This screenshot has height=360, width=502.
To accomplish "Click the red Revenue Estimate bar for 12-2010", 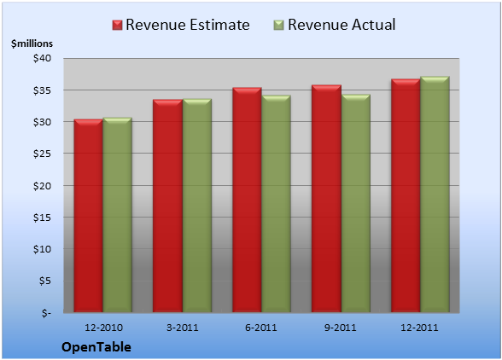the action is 89,216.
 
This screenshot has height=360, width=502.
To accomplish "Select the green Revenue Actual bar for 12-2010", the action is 117,215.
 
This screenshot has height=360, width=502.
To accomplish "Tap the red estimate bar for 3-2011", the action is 167,206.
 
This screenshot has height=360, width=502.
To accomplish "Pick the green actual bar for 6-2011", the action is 276,204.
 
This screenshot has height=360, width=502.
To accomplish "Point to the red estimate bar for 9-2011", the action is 326,199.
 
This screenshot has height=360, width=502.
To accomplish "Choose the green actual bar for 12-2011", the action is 435,195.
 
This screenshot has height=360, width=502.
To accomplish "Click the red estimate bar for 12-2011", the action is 406,195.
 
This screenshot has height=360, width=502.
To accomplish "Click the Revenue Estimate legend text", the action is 188,25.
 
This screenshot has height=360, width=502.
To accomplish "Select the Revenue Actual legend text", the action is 341,25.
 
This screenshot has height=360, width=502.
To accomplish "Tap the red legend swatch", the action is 117,26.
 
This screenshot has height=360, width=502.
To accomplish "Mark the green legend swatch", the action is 279,26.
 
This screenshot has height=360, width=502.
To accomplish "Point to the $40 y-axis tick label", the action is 42,58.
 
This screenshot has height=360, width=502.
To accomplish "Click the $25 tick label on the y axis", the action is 42,154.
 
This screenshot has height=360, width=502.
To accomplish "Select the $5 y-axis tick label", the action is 44,281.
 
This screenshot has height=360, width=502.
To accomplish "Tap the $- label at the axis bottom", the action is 46,312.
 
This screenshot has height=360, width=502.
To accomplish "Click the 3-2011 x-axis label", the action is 183,328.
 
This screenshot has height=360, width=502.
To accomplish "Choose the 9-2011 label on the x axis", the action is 341,328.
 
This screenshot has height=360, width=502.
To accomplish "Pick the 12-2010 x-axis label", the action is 103,328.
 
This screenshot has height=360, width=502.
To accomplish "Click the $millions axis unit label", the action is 32,44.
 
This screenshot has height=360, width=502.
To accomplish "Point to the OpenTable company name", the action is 96,347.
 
